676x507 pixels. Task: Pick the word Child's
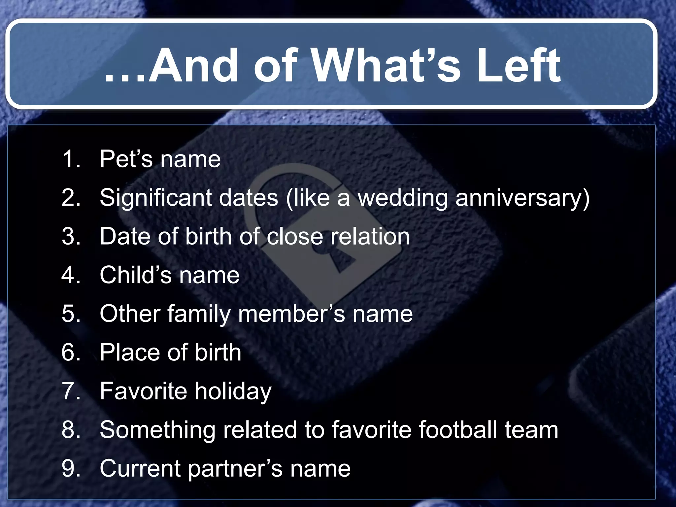(x=135, y=275)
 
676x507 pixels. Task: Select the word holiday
(x=233, y=391)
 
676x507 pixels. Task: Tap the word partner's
(x=235, y=469)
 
